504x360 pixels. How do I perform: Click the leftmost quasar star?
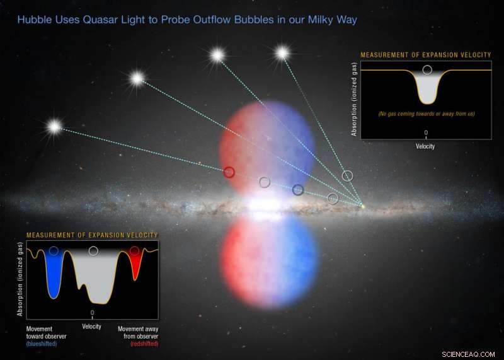pos(54,127)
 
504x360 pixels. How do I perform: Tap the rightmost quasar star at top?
pos(282,53)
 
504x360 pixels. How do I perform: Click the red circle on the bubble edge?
pos(229,171)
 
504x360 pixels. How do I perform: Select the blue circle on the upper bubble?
pos(299,189)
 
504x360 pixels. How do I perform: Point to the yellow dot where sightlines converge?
pos(362,204)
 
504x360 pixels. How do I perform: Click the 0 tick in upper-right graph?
pos(427,133)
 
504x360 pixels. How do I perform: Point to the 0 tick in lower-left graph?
pos(93,313)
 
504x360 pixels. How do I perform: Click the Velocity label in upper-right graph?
pos(427,146)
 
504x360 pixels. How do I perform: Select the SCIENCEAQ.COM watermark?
pos(469,353)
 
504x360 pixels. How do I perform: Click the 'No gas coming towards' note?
pos(427,113)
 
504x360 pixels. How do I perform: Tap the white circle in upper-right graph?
pos(427,70)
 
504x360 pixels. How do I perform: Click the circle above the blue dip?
pos(54,251)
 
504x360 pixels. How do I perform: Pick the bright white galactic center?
pos(265,205)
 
